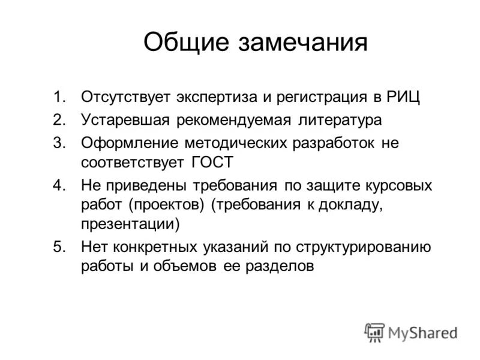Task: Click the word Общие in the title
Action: [183, 43]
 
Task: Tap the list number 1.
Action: [58, 97]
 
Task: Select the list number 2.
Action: [58, 119]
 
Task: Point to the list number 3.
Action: [58, 143]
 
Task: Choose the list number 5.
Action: [58, 246]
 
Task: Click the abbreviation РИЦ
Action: [391, 97]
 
